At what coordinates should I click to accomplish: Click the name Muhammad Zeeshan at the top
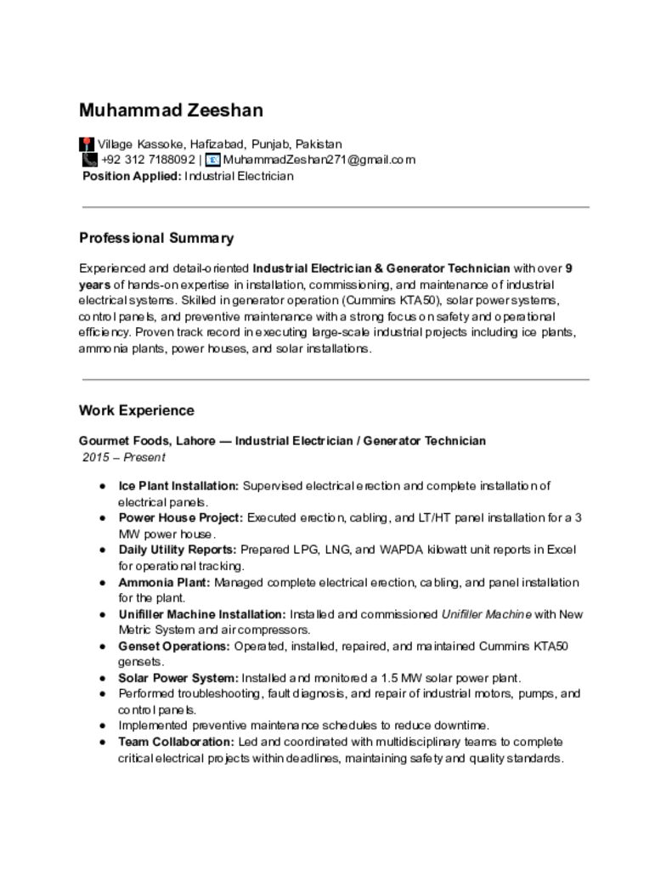(x=171, y=110)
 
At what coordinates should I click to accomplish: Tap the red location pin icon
(x=87, y=144)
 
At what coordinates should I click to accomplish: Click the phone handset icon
(x=89, y=160)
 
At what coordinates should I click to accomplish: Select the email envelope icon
(x=213, y=160)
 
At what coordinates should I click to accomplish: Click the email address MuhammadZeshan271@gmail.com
(x=319, y=160)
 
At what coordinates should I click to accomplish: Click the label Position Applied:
(x=132, y=176)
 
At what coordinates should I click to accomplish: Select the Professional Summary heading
(x=156, y=238)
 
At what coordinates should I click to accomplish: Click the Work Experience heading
(x=137, y=410)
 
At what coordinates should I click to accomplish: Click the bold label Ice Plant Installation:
(x=178, y=486)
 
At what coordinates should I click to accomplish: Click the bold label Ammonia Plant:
(x=165, y=582)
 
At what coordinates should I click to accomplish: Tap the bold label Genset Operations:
(x=174, y=646)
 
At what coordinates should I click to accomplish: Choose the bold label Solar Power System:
(x=178, y=678)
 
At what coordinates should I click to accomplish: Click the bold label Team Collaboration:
(x=177, y=742)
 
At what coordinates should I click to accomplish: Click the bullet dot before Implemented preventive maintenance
(x=102, y=726)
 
